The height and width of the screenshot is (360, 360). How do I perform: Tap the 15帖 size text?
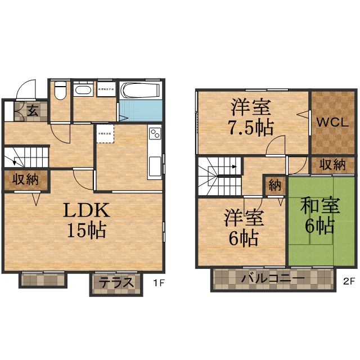pos(85,231)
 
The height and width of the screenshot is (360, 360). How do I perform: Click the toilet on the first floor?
pos(61,91)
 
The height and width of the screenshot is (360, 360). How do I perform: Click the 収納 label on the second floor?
pos(333,165)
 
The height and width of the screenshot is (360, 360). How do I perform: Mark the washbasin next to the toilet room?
pos(83,90)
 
